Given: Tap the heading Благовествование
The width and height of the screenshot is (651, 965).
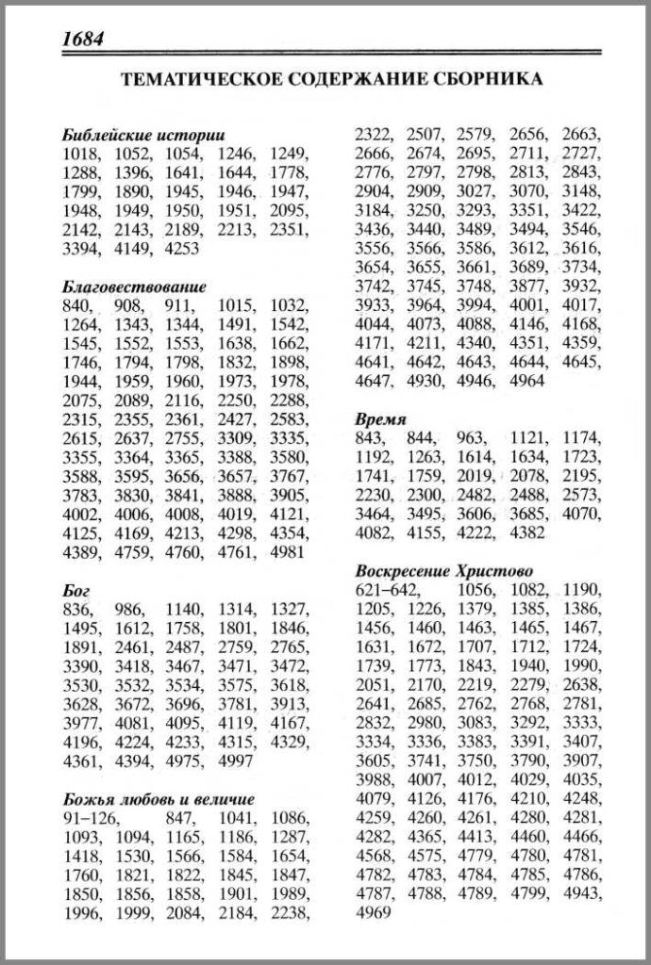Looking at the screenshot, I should click(134, 286).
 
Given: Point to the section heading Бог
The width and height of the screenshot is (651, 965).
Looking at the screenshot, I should click(75, 590).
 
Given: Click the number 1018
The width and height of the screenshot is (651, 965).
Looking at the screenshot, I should click(82, 153).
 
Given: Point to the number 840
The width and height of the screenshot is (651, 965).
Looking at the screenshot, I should click(77, 304).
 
